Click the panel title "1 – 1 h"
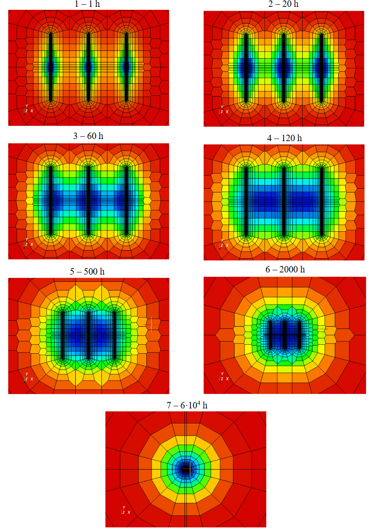pyautogui.click(x=88, y=4)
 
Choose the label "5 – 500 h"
pyautogui.click(x=88, y=271)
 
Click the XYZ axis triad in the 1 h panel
pyautogui.click(x=27, y=110)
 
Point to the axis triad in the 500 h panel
pyautogui.click(x=27, y=378)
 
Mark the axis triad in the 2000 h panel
pyautogui.click(x=223, y=378)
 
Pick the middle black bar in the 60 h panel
pyautogui.click(x=89, y=200)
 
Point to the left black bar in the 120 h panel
pyautogui.click(x=246, y=201)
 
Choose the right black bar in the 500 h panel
pyautogui.click(x=114, y=336)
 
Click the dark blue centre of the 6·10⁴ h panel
pyautogui.click(x=186, y=469)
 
